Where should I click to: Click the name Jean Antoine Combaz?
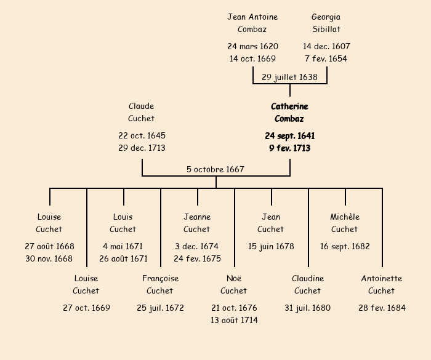(x=252, y=23)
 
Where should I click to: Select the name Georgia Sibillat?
(x=326, y=23)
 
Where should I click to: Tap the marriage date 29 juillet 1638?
(x=289, y=77)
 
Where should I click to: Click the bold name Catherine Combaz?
(x=289, y=113)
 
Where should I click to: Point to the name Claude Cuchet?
(x=142, y=113)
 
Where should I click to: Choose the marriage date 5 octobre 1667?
(x=216, y=169)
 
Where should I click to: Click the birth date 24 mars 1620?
(x=252, y=46)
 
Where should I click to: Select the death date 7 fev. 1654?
(x=326, y=59)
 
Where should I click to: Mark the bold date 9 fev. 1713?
(x=289, y=148)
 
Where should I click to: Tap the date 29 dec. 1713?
(x=142, y=148)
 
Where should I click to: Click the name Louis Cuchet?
(x=123, y=223)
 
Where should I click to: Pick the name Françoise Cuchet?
(x=160, y=284)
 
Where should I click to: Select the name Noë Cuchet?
(x=234, y=284)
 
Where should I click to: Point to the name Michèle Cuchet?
(x=345, y=223)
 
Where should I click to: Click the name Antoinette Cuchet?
(x=382, y=284)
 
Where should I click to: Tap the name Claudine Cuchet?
(x=308, y=284)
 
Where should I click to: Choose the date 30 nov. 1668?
(x=49, y=259)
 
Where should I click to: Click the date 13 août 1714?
(x=234, y=321)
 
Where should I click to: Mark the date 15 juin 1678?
(x=271, y=246)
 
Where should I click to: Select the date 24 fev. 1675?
(x=197, y=259)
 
